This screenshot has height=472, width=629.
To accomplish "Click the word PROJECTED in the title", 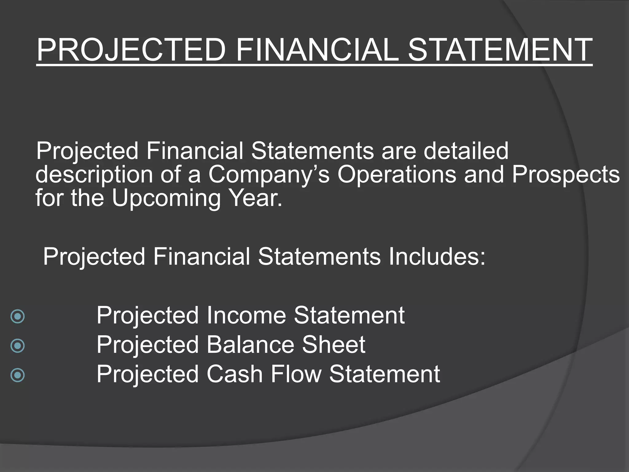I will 131,50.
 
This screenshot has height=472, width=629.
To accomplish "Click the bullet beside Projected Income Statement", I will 18,316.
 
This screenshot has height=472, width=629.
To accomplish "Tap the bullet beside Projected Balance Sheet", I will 18,346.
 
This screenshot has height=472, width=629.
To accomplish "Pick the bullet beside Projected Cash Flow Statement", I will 18,375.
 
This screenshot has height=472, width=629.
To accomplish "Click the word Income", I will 246,315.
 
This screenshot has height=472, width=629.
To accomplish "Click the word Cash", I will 234,374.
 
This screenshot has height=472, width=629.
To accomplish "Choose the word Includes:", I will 437,257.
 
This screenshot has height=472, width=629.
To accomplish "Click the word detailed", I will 466,151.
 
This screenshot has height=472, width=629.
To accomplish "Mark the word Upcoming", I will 166,199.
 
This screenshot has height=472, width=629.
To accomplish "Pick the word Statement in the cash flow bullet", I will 385,374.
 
